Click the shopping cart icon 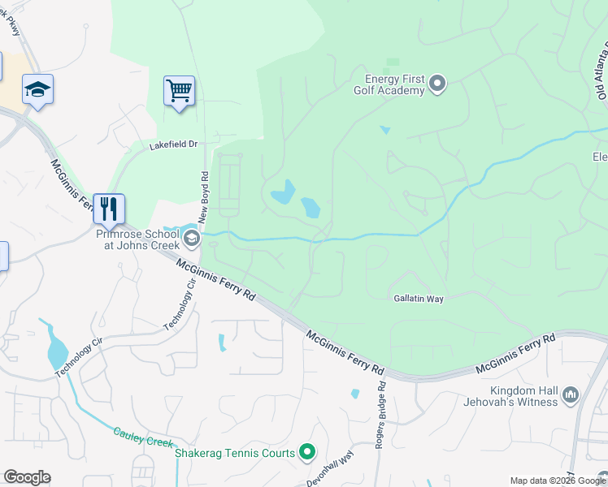179,90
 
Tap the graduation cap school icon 37,88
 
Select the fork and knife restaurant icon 108,209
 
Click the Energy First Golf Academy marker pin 438,83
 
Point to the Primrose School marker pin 191,237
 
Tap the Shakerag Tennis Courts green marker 306,452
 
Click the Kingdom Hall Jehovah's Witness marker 570,395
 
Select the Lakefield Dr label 173,145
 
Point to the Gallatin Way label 418,299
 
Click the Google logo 27,477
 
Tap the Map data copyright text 558,480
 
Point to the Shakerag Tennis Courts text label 235,452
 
